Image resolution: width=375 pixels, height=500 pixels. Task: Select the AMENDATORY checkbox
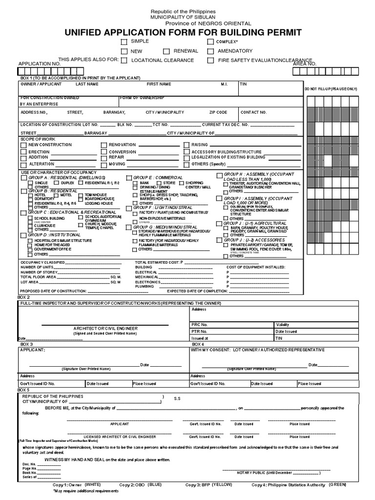point(210,51)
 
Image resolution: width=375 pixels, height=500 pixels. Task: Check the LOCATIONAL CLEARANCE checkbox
point(125,61)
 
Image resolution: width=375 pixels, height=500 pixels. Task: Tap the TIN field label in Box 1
point(243,84)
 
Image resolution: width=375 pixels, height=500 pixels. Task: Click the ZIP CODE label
point(218,112)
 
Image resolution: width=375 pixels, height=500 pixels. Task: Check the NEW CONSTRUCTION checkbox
point(23,145)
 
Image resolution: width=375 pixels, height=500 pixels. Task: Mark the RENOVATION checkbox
point(104,145)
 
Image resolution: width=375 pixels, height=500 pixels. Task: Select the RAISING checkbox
point(187,145)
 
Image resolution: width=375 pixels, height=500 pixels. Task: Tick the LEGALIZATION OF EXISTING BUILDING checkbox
point(187,158)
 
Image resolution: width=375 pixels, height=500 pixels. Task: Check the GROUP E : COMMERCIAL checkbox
point(129,178)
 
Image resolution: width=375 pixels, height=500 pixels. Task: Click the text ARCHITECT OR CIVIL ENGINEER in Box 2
point(105,329)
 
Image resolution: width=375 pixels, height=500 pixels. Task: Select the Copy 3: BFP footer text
point(200,485)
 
